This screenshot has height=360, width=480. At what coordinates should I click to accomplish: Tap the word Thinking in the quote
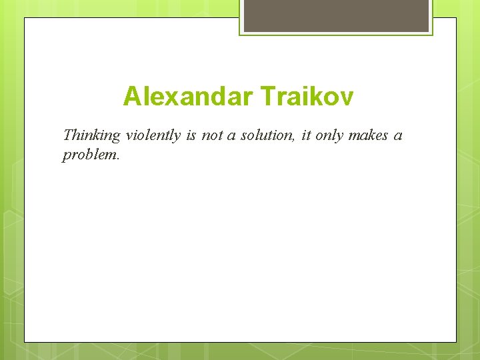[91, 136]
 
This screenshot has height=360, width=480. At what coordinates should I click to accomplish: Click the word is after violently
[191, 136]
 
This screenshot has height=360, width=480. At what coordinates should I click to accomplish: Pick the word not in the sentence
[213, 136]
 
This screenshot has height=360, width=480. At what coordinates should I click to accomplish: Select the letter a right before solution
[234, 137]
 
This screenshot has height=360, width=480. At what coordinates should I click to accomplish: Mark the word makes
[368, 136]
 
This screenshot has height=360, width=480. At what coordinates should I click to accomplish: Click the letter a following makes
[398, 137]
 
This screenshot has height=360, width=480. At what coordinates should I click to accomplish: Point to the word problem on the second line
[89, 155]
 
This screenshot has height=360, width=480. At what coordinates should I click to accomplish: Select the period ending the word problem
[117, 159]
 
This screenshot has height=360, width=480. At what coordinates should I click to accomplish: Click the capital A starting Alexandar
[132, 97]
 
